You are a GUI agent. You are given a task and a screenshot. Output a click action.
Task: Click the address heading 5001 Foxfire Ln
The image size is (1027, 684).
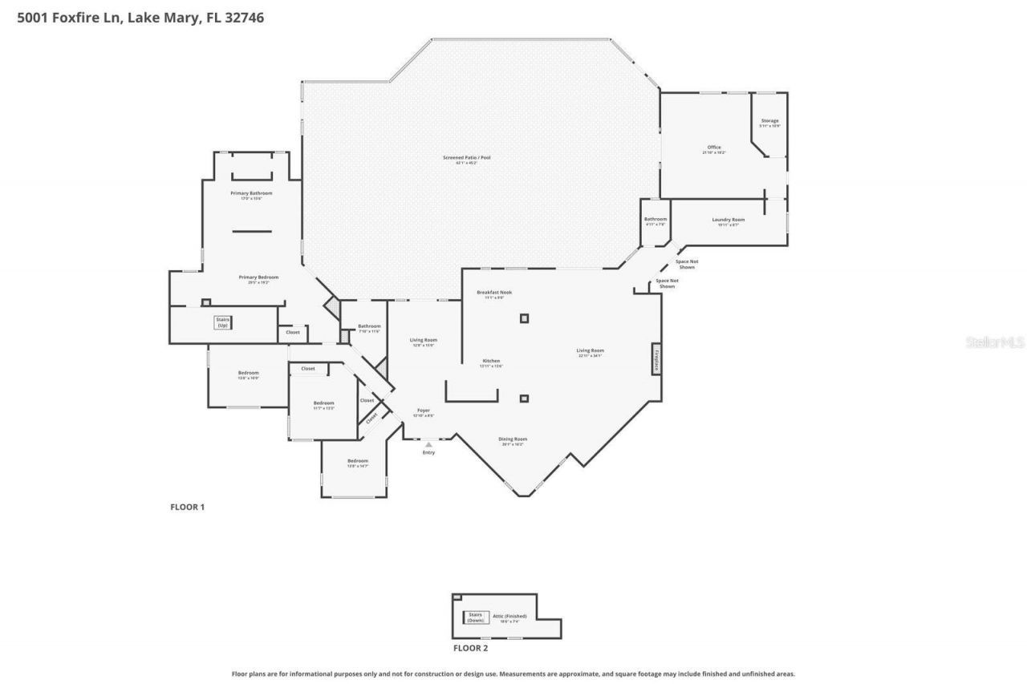[140, 17]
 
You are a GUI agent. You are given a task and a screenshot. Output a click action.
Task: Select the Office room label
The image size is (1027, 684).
[713, 148]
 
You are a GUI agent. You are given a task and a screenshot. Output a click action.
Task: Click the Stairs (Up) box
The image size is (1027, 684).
[222, 322]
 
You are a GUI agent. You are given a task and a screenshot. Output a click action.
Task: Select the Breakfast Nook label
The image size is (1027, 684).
[489, 293]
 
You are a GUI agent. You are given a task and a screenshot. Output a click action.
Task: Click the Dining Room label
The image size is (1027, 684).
[513, 440]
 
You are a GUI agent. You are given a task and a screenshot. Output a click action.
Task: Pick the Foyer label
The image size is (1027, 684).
[423, 411]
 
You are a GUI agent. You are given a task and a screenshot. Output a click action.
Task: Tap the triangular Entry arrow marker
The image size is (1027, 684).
[428, 443]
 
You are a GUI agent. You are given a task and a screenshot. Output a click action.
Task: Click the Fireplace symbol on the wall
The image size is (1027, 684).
[656, 358]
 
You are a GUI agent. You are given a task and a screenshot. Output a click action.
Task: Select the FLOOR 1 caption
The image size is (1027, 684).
[187, 507]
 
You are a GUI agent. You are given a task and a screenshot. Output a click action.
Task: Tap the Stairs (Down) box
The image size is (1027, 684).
[476, 617]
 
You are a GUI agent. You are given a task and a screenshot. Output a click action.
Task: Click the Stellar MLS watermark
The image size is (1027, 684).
[995, 342]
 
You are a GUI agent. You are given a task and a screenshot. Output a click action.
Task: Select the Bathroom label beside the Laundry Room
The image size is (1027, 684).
[655, 221]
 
